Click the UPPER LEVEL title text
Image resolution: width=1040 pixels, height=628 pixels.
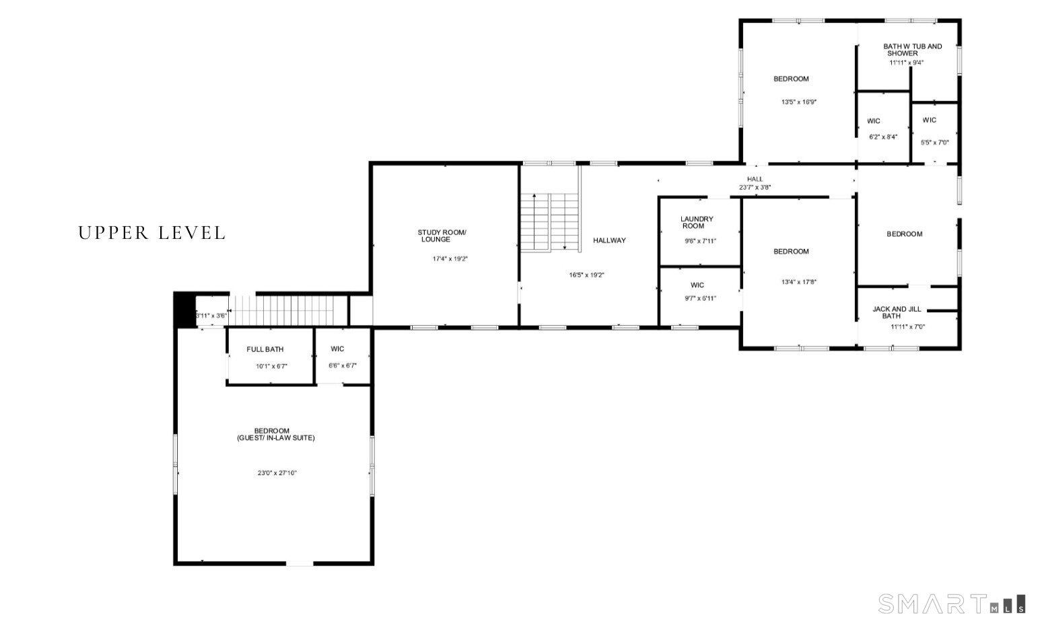pos(151,233)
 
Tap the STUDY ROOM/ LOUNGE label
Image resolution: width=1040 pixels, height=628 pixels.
pos(441,236)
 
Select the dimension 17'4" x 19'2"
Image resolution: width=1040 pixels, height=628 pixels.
pos(450,258)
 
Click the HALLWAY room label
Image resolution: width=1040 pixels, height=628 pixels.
pos(609,240)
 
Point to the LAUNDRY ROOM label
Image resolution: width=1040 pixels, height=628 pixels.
pos(697,222)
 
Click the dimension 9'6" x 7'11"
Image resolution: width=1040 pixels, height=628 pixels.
pos(700,241)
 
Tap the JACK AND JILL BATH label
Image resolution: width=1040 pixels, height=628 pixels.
pos(896,312)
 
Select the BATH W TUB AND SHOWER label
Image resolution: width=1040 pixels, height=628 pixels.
pos(912,50)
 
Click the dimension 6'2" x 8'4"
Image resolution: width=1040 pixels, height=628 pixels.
pos(883,137)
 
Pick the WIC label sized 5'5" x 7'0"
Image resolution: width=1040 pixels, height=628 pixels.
pos(929,120)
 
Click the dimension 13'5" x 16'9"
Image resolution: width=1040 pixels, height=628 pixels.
pos(798,102)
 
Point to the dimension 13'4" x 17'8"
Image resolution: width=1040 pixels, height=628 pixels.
pos(798,282)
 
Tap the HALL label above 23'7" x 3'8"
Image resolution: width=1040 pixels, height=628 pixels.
pos(755,179)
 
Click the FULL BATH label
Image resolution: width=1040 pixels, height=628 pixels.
pos(265,349)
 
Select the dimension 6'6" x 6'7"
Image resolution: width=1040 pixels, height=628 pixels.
pos(342,365)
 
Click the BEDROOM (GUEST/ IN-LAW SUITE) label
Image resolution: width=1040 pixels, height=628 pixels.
pos(275,434)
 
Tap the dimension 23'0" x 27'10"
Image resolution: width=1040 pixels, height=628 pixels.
pos(277,473)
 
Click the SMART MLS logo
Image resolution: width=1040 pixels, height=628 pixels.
pos(951,604)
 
